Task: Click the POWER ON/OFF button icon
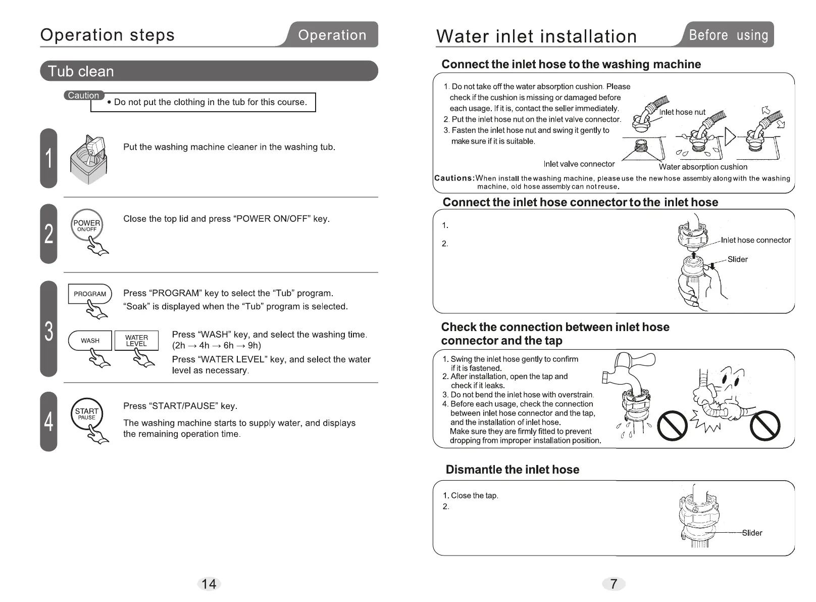pyautogui.click(x=87, y=225)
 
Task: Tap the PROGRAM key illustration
pyautogui.click(x=89, y=294)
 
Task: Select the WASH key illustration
pyautogui.click(x=90, y=341)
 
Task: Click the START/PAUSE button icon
pyautogui.click(x=87, y=413)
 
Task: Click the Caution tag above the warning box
pyautogui.click(x=84, y=96)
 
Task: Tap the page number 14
pyautogui.click(x=209, y=584)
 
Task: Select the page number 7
pyautogui.click(x=614, y=584)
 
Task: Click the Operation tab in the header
pyautogui.click(x=332, y=35)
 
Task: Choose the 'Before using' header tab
pyautogui.click(x=728, y=35)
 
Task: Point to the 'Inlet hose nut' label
pyautogui.click(x=682, y=112)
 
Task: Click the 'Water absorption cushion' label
pyautogui.click(x=703, y=167)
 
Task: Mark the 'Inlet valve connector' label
pyautogui.click(x=579, y=164)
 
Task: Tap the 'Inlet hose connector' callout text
pyautogui.click(x=755, y=240)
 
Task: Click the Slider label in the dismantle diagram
pyautogui.click(x=752, y=533)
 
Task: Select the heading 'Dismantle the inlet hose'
pyautogui.click(x=512, y=470)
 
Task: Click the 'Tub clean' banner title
pyautogui.click(x=81, y=71)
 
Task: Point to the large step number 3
pyautogui.click(x=48, y=331)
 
